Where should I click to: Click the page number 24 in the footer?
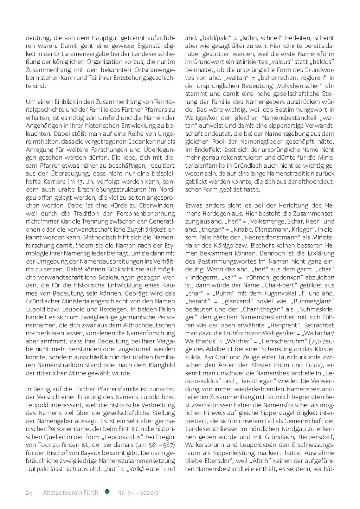(29, 493)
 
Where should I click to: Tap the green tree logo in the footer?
(107, 492)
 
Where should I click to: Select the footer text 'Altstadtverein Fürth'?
(70, 493)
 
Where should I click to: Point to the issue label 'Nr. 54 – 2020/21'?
(139, 493)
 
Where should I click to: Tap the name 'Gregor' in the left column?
(165, 437)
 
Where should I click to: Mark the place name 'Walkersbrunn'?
(202, 445)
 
